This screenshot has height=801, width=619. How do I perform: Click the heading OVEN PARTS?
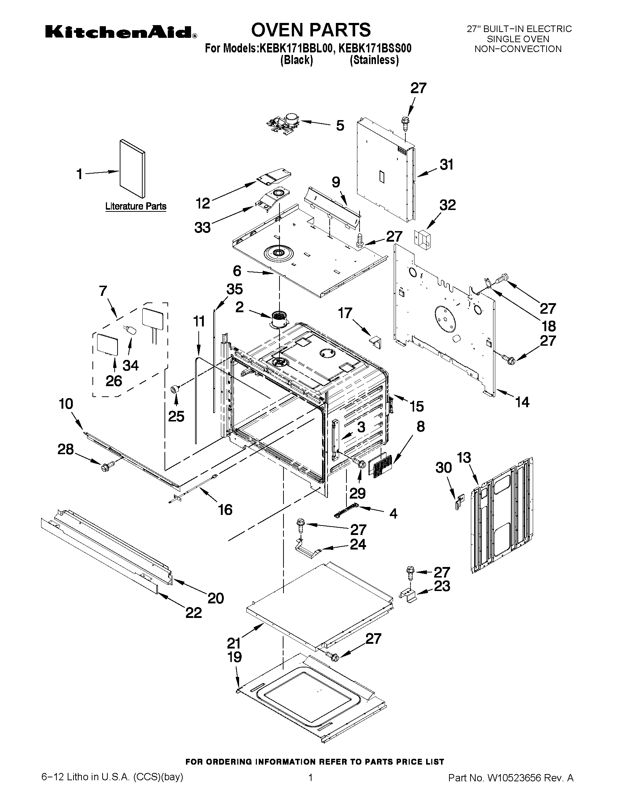click(311, 29)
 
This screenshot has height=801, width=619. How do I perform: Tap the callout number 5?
click(340, 126)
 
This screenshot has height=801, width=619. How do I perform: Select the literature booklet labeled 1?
click(132, 168)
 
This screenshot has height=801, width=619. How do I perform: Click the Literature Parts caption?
click(136, 206)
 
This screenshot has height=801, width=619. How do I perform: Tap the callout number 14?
click(522, 403)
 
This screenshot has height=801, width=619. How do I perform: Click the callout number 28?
click(66, 449)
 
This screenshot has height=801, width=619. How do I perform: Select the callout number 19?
click(234, 657)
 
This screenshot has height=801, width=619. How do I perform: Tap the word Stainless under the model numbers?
click(374, 60)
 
